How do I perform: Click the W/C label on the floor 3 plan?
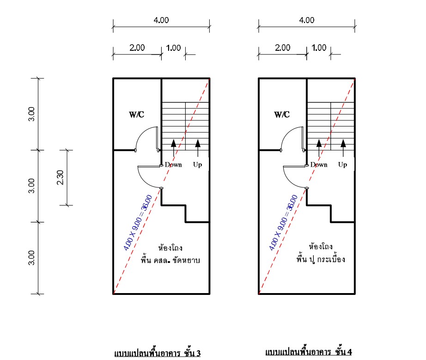click(136, 114)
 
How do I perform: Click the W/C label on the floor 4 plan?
click(282, 114)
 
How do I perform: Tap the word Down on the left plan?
click(173, 165)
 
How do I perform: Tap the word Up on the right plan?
click(342, 165)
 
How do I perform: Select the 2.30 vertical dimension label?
click(60, 177)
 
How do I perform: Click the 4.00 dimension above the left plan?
click(161, 20)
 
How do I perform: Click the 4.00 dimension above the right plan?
click(307, 20)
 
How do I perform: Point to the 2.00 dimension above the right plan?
click(283, 48)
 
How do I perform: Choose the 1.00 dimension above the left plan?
click(173, 48)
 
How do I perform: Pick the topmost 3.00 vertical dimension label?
click(31, 114)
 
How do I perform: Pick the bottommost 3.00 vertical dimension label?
click(31, 258)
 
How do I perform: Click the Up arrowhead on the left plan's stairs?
click(198, 143)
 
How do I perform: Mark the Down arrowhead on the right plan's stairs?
click(319, 143)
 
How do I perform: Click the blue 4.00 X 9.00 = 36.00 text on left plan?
click(138, 222)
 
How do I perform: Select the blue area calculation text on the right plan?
click(283, 222)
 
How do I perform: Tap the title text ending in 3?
click(157, 353)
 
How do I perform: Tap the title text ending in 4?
click(309, 352)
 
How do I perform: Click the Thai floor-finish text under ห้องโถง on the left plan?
click(170, 260)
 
